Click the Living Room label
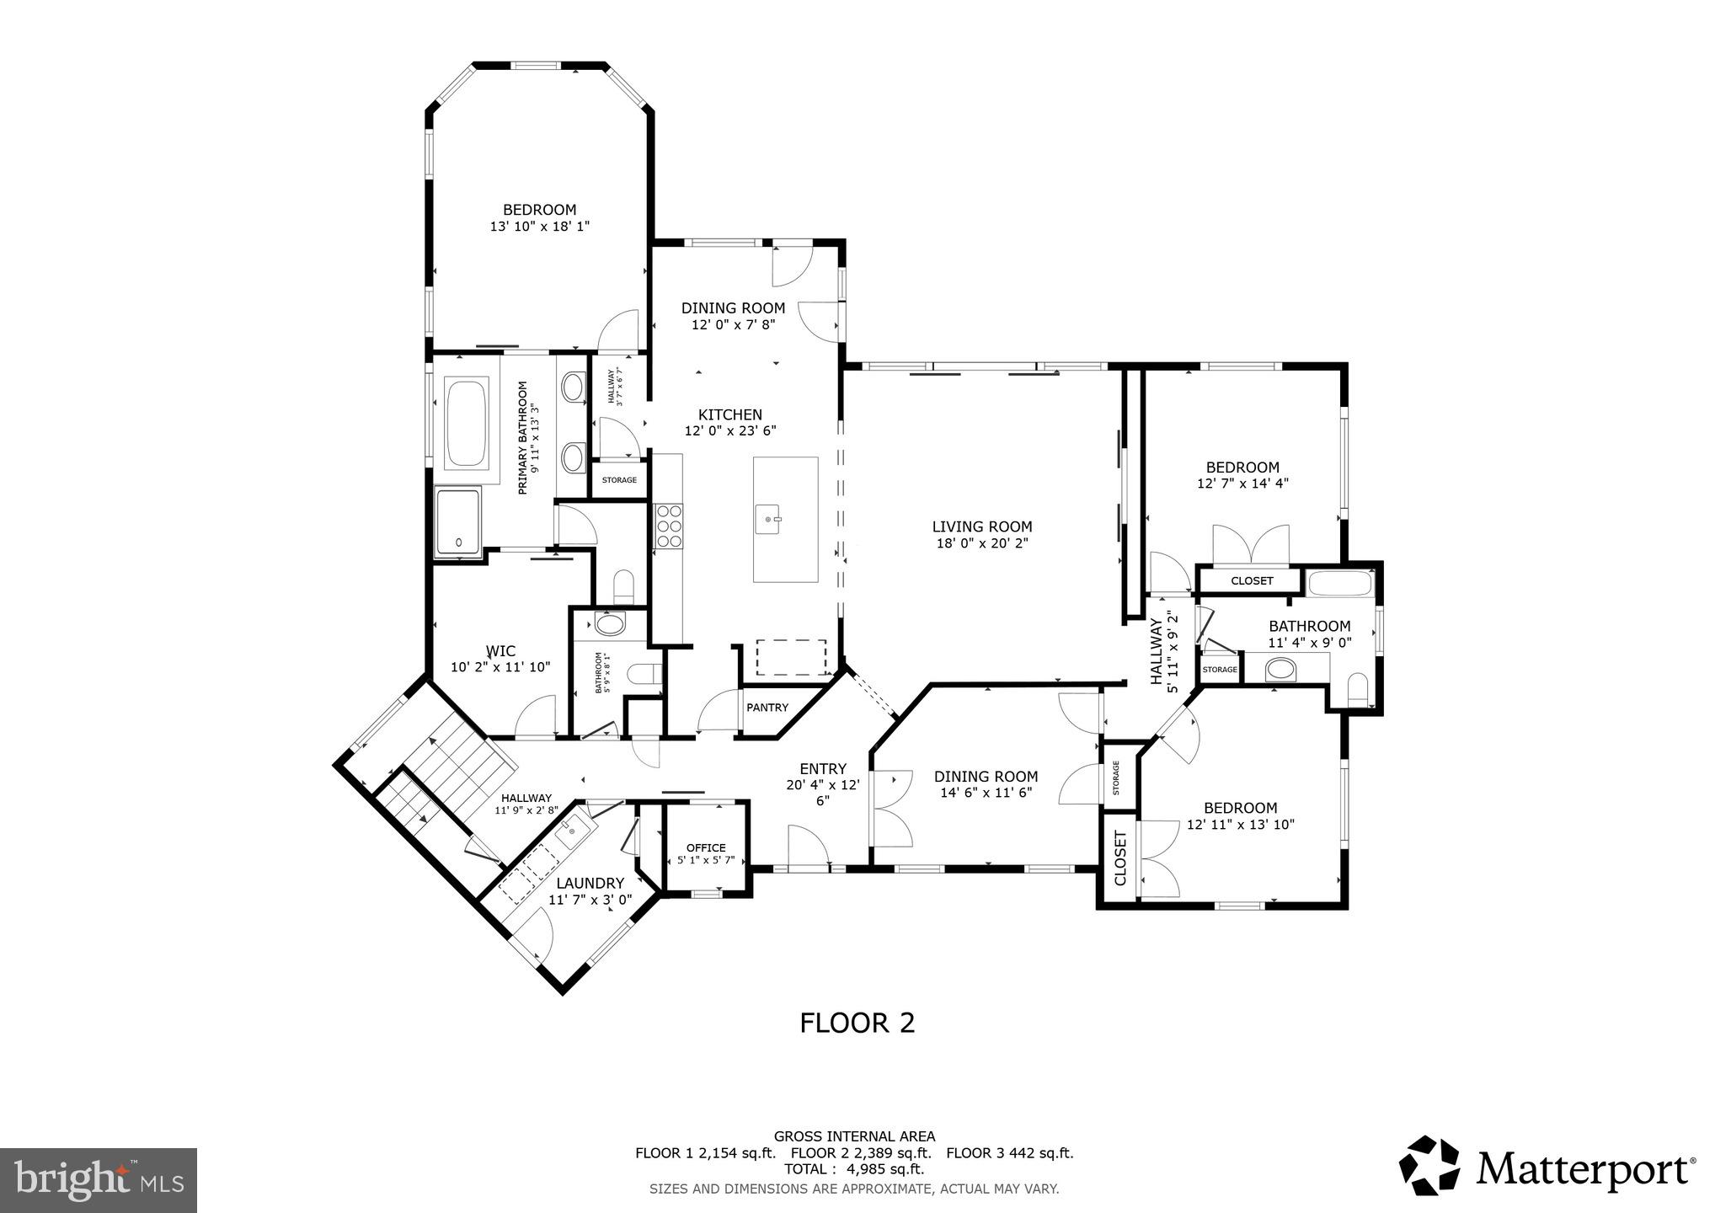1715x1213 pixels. (981, 527)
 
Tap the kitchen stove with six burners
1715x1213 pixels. (669, 526)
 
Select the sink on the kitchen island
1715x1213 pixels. (768, 520)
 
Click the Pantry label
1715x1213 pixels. (767, 708)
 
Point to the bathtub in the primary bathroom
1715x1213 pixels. (467, 424)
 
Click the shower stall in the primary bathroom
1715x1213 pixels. (457, 521)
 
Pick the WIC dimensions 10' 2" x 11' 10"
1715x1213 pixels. (500, 667)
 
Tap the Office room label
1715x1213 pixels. (706, 847)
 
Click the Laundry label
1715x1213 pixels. (590, 883)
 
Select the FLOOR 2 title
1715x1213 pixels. (857, 1023)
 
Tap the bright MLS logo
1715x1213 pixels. (99, 1180)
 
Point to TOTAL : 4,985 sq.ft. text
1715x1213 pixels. (854, 1169)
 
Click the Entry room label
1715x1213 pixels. (823, 768)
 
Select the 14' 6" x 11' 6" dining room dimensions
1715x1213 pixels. (986, 793)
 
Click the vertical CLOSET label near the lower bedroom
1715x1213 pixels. (1119, 858)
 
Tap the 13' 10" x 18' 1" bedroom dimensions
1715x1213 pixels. (539, 227)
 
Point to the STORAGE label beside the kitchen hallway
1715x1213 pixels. (619, 480)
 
